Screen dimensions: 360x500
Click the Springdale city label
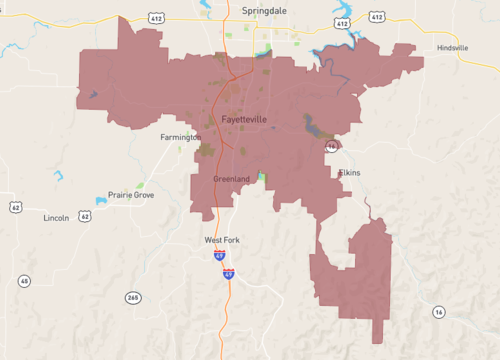(264, 9)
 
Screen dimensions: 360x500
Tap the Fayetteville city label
(236, 119)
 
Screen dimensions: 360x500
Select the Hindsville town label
(460, 48)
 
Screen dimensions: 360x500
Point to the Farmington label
(181, 137)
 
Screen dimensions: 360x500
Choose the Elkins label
(349, 172)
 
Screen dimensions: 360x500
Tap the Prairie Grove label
(132, 195)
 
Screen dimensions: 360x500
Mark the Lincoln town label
(56, 217)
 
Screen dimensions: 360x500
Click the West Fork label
(222, 240)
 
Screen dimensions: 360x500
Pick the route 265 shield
(133, 297)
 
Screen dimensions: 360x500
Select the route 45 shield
(23, 281)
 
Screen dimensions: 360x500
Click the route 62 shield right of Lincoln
(85, 215)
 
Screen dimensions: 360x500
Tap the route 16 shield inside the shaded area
(330, 147)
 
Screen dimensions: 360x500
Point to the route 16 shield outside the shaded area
(438, 313)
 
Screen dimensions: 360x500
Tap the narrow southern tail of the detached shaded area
(378, 330)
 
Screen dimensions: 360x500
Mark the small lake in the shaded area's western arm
(92, 95)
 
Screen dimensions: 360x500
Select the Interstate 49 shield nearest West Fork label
(218, 256)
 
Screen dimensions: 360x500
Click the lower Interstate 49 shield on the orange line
(228, 273)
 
